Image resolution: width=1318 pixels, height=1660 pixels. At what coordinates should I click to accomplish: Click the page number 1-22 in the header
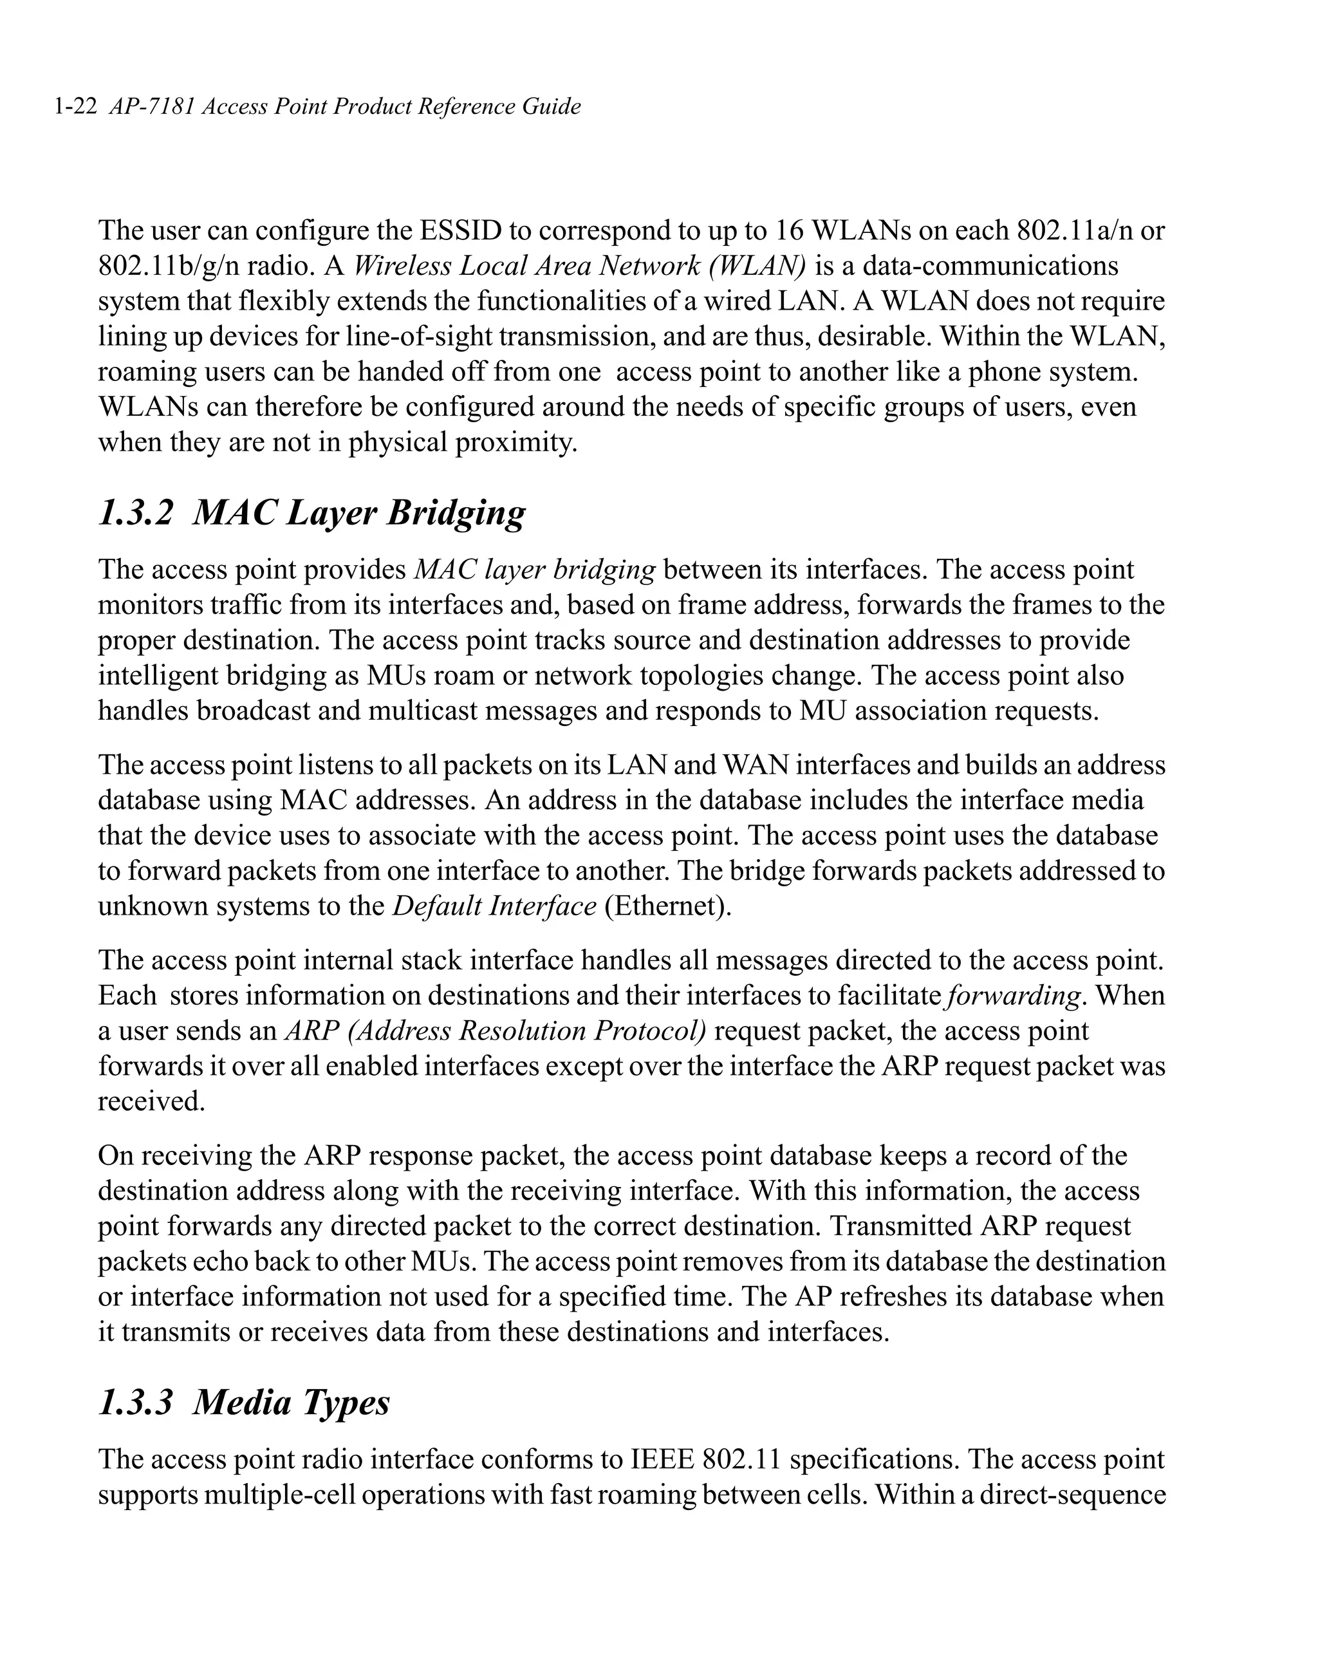[75, 106]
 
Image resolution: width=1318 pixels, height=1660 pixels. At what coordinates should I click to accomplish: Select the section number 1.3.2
[136, 514]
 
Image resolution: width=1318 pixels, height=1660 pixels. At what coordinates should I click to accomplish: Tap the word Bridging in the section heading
[456, 514]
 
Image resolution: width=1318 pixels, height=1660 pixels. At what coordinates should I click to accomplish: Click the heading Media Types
[291, 1402]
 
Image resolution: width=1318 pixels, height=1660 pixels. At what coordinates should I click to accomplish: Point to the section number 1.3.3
[136, 1402]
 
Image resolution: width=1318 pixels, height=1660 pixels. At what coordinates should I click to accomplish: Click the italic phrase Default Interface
[494, 906]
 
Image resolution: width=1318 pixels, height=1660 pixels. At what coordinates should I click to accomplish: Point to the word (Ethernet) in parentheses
[667, 906]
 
